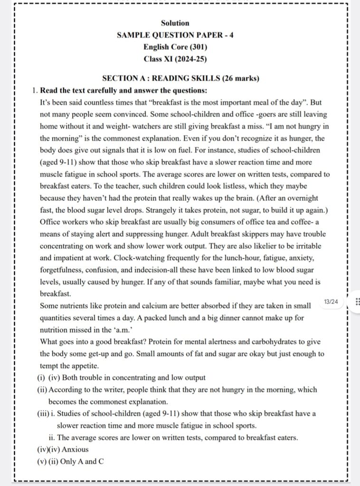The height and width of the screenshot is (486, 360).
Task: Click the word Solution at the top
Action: coord(175,23)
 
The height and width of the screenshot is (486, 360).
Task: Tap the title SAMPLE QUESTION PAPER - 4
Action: coord(175,35)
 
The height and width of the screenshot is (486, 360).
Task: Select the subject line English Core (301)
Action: coord(175,47)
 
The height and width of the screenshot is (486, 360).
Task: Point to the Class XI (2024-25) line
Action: coord(175,59)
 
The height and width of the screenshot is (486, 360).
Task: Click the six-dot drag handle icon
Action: coord(357,302)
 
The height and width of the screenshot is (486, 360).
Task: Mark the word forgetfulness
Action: coord(63,270)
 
